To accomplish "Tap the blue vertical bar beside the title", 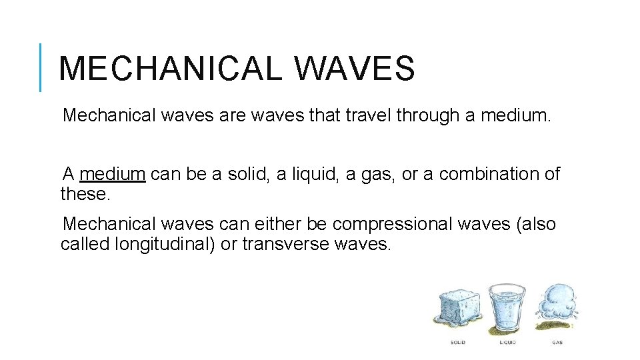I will tap(41, 67).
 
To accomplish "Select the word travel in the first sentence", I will tap(366, 116).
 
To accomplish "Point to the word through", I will tap(427, 116).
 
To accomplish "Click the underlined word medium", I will tap(112, 175).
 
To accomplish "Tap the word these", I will tap(83, 194).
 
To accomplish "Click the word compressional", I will tap(393, 225).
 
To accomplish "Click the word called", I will tap(85, 244).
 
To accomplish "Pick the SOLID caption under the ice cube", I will tap(457, 343).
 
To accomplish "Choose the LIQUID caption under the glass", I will tap(507, 343).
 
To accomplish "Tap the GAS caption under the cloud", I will tap(557, 343).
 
